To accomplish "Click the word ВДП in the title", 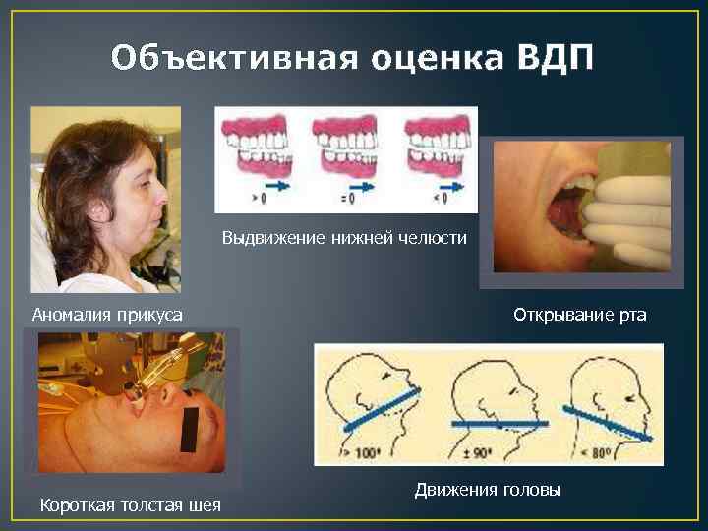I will tap(555, 58).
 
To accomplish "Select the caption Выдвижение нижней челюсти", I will tap(344, 237).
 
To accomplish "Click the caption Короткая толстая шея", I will tap(130, 505).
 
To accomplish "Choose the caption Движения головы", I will tap(487, 489).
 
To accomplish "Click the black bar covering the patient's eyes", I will tap(189, 429).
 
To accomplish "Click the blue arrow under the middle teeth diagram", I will tap(363, 183).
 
